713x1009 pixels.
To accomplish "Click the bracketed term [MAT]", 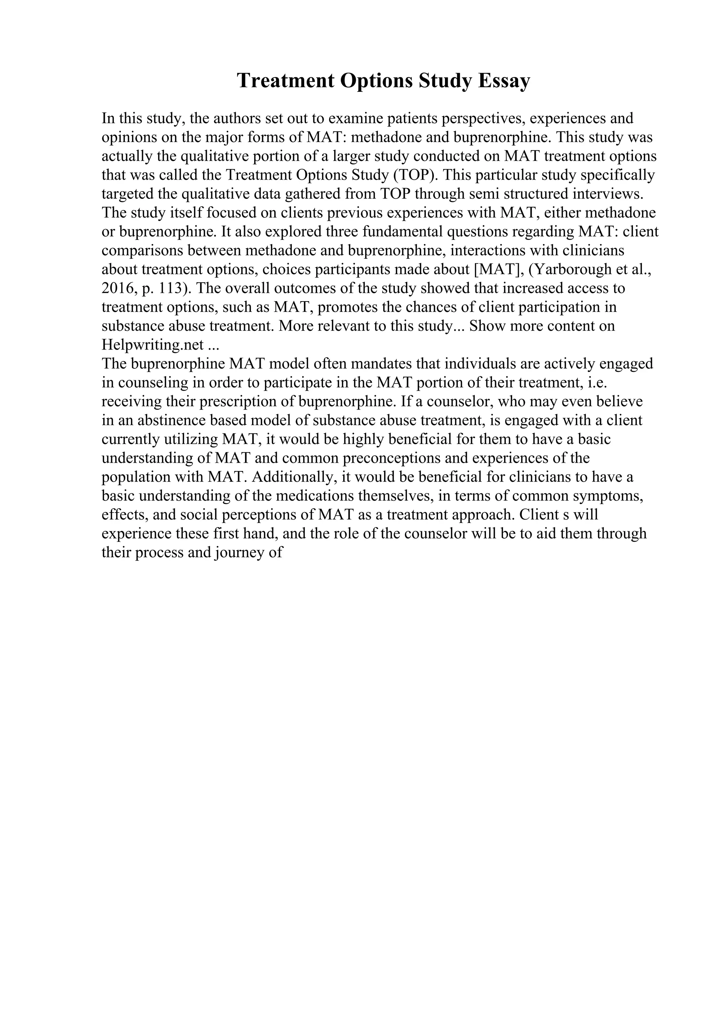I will click(x=500, y=269).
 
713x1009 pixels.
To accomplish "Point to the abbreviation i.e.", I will click(x=597, y=383).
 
